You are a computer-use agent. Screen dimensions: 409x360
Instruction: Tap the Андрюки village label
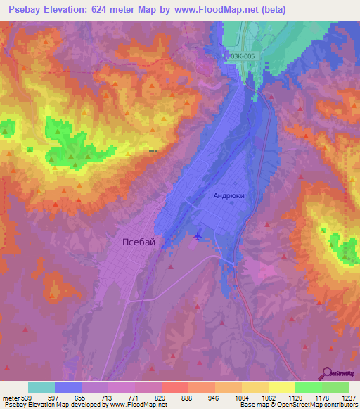click(229, 197)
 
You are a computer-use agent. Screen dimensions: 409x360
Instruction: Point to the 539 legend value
click(28, 398)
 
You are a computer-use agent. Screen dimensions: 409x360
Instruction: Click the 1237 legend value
click(348, 398)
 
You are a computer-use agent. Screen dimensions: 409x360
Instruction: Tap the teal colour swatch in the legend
click(41, 387)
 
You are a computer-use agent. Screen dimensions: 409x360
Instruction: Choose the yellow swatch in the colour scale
click(281, 387)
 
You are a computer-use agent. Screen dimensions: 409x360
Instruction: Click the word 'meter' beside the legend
click(10, 398)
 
